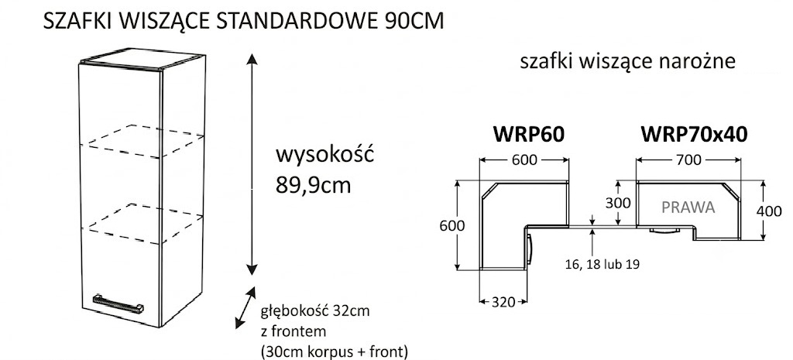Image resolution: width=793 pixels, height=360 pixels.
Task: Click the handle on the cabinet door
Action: tap(118, 304)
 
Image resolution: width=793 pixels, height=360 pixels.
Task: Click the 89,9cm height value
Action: tap(314, 186)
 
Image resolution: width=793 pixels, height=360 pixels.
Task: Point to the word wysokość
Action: tap(324, 154)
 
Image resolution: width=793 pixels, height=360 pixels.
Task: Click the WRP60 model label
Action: tap(528, 135)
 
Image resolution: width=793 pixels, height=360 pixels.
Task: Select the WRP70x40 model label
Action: tap(694, 135)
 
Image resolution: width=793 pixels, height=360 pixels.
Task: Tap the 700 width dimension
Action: tap(688, 159)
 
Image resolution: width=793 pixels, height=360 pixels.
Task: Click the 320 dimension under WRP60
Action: tap(503, 303)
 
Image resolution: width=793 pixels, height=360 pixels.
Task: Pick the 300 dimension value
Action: tap(618, 203)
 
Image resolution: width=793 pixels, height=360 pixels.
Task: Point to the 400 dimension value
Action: tap(768, 211)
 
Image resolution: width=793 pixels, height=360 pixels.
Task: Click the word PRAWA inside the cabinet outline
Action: tap(688, 207)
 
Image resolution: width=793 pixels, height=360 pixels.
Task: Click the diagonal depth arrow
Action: tap(245, 308)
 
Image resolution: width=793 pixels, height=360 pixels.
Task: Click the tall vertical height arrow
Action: tap(252, 164)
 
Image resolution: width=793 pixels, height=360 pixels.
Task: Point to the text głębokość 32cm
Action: tap(314, 311)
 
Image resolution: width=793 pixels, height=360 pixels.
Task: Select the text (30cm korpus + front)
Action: tap(334, 351)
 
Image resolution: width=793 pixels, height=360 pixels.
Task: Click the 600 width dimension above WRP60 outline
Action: tap(524, 159)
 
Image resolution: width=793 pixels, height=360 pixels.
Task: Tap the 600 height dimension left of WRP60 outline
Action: tap(451, 225)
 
